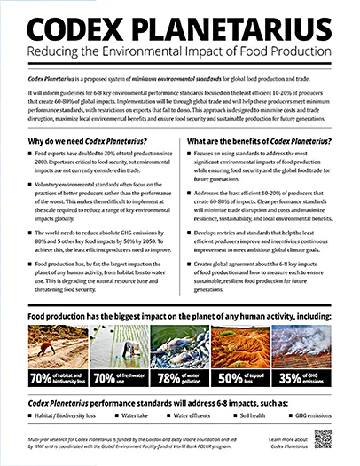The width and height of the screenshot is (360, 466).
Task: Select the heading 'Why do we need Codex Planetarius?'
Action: click(90, 142)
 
